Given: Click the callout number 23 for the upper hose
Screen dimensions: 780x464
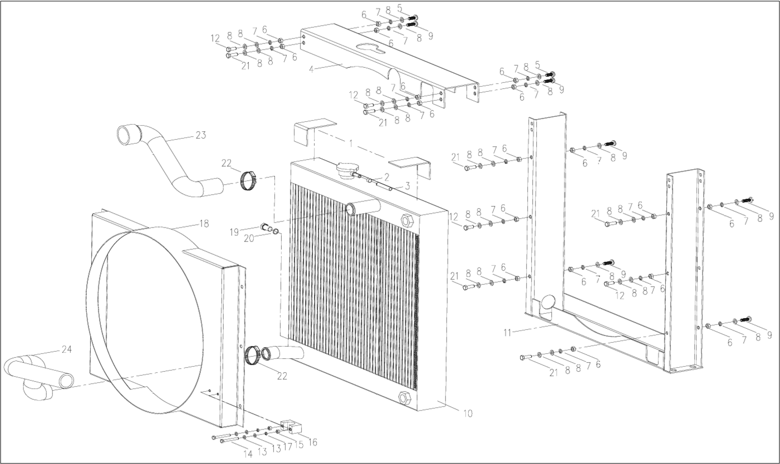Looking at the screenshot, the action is tap(201, 135).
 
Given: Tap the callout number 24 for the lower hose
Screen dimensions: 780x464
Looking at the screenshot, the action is tap(66, 349).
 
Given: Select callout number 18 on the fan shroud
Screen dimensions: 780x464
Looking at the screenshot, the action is tap(204, 224).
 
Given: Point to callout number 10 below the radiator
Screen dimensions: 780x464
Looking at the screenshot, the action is tap(468, 413).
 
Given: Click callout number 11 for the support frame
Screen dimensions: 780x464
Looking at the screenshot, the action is tap(507, 333).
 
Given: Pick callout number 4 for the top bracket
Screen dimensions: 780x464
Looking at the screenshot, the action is tap(311, 70).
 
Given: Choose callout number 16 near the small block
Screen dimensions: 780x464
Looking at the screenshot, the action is tap(313, 442).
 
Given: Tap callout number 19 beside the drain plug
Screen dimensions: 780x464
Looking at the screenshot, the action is tap(234, 232).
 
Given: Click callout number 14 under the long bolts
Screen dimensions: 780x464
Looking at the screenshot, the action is tap(248, 454).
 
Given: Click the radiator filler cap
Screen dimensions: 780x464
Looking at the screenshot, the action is tap(345, 171).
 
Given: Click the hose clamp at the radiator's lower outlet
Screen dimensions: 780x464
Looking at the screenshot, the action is tap(252, 356).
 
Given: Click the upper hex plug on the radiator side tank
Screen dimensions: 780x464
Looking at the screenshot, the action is tap(406, 220).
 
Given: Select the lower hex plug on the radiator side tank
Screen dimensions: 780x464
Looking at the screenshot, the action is tap(405, 397).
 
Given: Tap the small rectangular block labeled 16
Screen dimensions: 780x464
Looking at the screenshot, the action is tap(291, 427).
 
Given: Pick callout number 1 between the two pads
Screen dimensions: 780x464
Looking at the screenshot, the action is tap(351, 143).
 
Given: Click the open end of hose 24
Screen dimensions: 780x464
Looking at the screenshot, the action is tap(66, 381).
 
